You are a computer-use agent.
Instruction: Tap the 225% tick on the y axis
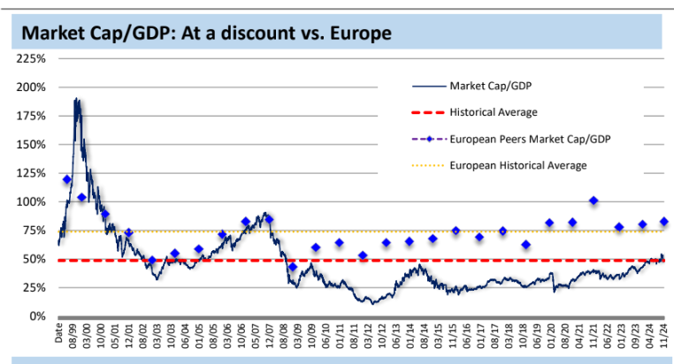[32, 59]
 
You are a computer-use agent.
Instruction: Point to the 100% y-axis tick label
[32, 201]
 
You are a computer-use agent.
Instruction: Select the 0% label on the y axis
[38, 316]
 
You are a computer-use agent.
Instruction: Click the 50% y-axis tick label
[35, 259]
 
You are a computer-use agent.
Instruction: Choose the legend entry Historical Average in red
[494, 112]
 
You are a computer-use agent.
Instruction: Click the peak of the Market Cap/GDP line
[77, 99]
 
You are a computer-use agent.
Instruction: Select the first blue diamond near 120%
[67, 180]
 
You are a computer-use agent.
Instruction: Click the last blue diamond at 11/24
[663, 222]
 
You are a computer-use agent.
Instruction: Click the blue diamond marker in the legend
[428, 139]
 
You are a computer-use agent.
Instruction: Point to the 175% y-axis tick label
[32, 116]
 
